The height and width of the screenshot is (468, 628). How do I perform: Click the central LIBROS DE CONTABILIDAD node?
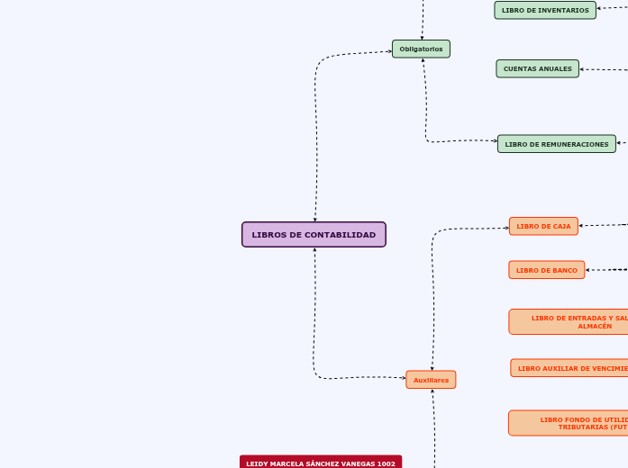coord(314,235)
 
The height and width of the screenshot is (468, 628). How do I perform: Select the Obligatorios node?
coord(421,49)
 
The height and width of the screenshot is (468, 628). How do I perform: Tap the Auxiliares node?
coord(431,380)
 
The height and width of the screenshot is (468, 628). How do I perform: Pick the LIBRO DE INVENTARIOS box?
coord(545,10)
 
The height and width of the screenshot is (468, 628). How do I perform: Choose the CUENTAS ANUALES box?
coord(537,68)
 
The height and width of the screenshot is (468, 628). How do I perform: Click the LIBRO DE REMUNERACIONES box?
coord(556,144)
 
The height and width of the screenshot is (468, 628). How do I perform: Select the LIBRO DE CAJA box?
coord(543,226)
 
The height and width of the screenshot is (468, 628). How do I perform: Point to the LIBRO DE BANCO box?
coord(546,270)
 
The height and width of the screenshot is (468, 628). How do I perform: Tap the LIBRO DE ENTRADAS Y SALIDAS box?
coord(568,321)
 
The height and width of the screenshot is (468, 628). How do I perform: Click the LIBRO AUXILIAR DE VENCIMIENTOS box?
coord(569,368)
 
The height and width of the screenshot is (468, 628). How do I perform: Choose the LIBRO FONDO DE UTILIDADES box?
coord(568,423)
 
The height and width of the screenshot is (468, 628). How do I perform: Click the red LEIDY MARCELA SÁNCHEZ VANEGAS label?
coord(320,463)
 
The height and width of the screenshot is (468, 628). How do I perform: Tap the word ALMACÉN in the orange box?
coord(595,326)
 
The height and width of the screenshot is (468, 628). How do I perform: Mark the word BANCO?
coord(565,270)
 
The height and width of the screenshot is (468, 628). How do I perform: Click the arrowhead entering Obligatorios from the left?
coord(390,51)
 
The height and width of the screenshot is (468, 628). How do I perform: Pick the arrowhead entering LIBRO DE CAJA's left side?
coord(506,228)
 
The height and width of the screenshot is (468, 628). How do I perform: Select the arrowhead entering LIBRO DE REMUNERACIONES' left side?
coord(495,140)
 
